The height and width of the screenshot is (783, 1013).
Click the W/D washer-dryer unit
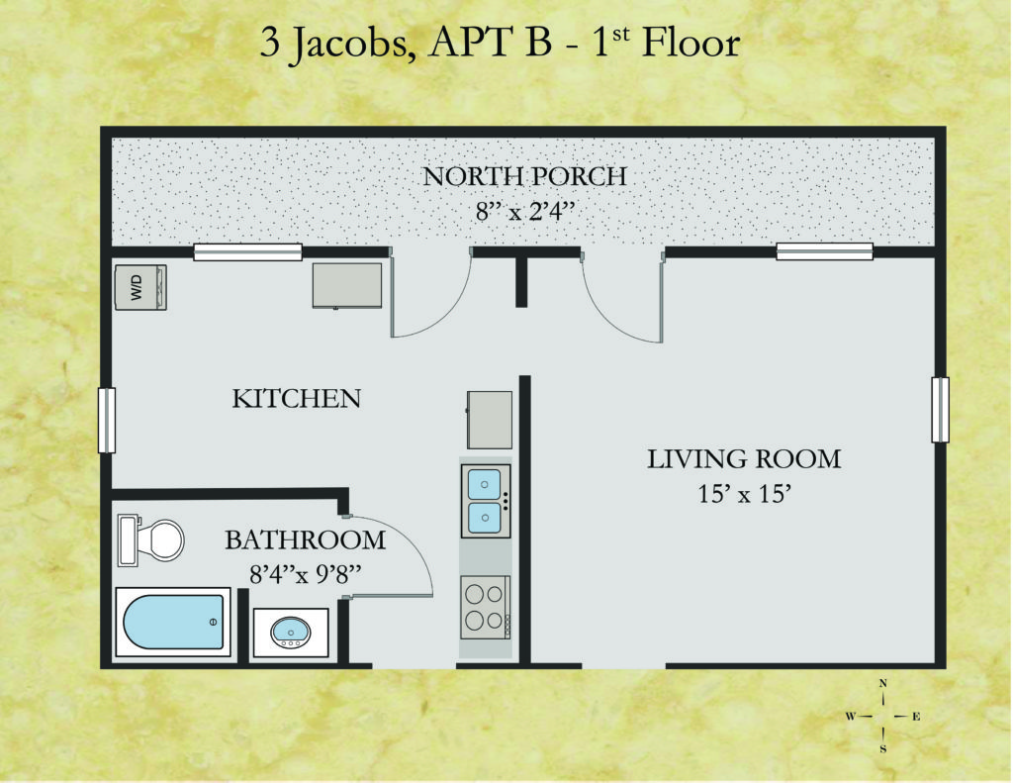pos(140,287)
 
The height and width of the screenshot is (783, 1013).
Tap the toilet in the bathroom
pos(151,539)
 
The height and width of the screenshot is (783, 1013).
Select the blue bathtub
pos(173,622)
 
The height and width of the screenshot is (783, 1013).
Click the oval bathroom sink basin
pos(291,632)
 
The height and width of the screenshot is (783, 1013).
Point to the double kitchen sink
pos(486,501)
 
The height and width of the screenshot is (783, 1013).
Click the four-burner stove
pos(486,607)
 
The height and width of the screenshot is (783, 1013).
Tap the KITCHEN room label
pos(297,398)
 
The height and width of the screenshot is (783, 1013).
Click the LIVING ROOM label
pos(744,459)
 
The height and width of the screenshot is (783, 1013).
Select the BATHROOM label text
pos(305,539)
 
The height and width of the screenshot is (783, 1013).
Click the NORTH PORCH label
pos(524,176)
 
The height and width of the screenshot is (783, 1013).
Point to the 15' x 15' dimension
pos(745,495)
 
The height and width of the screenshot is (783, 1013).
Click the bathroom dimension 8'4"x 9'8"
pos(305,574)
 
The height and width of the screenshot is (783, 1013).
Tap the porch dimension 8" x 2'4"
pos(525,212)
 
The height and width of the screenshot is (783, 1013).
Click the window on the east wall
pos(940,410)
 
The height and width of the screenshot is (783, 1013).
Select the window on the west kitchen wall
pos(107,421)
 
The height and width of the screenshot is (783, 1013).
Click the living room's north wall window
pos(824,251)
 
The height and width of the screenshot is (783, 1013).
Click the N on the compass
pos(883,683)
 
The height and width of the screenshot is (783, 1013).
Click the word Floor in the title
pos(691,44)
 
